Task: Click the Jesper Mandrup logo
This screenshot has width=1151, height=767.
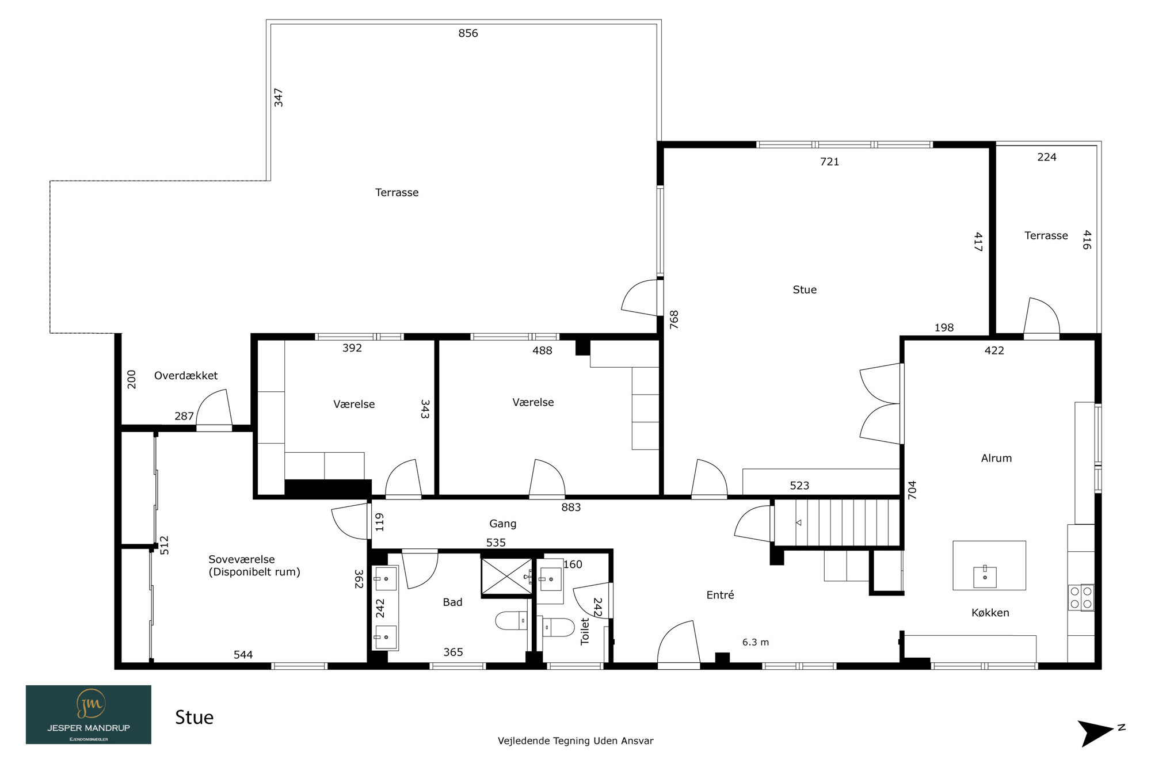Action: tap(89, 714)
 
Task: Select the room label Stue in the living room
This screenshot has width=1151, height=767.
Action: tap(805, 290)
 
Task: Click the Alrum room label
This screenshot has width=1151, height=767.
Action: tap(996, 458)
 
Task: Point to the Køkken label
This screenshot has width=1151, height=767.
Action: tap(990, 613)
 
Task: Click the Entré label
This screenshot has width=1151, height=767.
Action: tap(720, 595)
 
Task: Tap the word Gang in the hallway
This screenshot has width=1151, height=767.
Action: tap(502, 524)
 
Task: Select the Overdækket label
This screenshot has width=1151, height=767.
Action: tap(186, 376)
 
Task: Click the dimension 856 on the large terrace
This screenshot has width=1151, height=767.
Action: tap(468, 33)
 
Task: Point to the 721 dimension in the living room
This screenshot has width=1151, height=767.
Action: tap(829, 162)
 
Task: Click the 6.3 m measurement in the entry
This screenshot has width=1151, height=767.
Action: tap(755, 642)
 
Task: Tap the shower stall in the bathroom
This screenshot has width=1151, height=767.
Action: tap(506, 576)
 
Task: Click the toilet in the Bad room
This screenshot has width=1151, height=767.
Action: tap(511, 621)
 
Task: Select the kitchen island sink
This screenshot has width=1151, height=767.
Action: tap(985, 577)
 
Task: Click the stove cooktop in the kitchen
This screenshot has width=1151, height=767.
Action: tap(1081, 597)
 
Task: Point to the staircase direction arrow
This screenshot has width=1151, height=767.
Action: tap(798, 522)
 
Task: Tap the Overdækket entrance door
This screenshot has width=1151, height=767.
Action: tap(214, 410)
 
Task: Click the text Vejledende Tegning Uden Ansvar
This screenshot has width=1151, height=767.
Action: tap(575, 741)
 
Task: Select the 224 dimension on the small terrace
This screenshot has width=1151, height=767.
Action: tap(1046, 157)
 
